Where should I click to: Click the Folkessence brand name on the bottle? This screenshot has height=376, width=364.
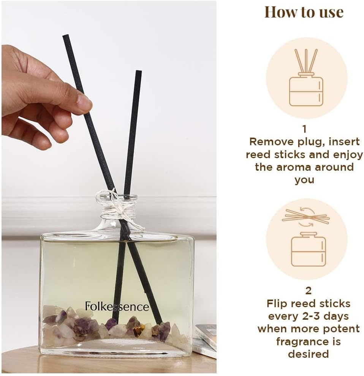pos(117,306)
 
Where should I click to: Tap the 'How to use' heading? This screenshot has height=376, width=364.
pos(304,12)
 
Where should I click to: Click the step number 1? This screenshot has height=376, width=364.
pos(304,129)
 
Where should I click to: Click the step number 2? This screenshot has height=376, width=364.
pos(309,290)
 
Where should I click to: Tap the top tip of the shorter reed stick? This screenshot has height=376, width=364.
pos(139,71)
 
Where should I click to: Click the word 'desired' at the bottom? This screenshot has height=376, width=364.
pos(308,354)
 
